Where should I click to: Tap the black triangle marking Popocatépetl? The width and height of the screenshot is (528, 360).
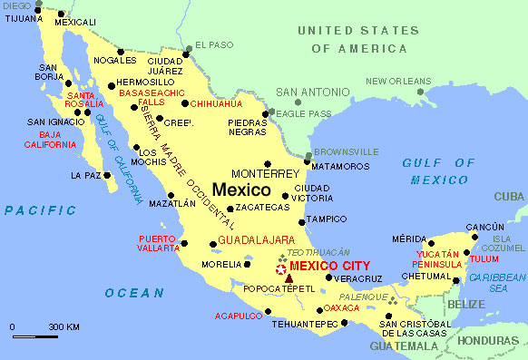coord(288,278)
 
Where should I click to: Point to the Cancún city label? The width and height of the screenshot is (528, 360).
coord(484,227)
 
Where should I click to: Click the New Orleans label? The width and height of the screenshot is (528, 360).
coord(398,82)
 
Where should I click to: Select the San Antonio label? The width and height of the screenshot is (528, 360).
coord(311,92)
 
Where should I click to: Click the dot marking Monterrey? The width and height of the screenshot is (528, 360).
coord(268,163)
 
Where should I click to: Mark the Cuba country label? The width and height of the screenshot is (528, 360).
coord(509,196)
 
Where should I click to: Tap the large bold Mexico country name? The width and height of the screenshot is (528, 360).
coord(241,190)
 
